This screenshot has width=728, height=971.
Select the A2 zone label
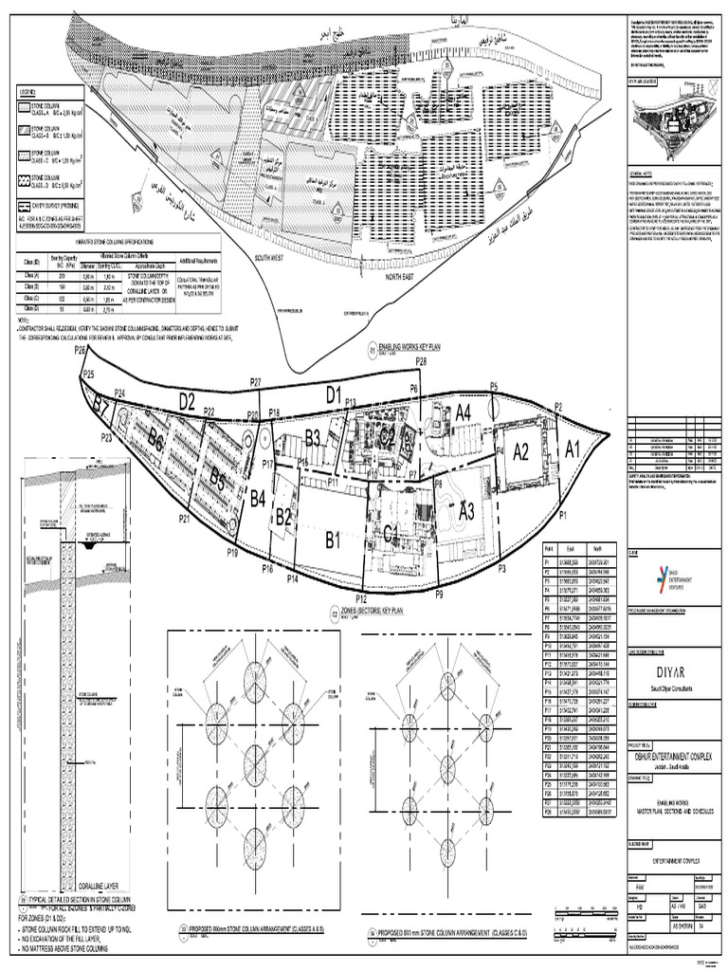click(520, 452)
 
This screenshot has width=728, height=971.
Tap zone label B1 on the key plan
click(331, 541)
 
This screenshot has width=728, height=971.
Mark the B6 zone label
click(156, 440)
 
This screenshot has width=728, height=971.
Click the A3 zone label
click(465, 511)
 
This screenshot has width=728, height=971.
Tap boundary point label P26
click(81, 351)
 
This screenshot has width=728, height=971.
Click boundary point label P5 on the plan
click(494, 386)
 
